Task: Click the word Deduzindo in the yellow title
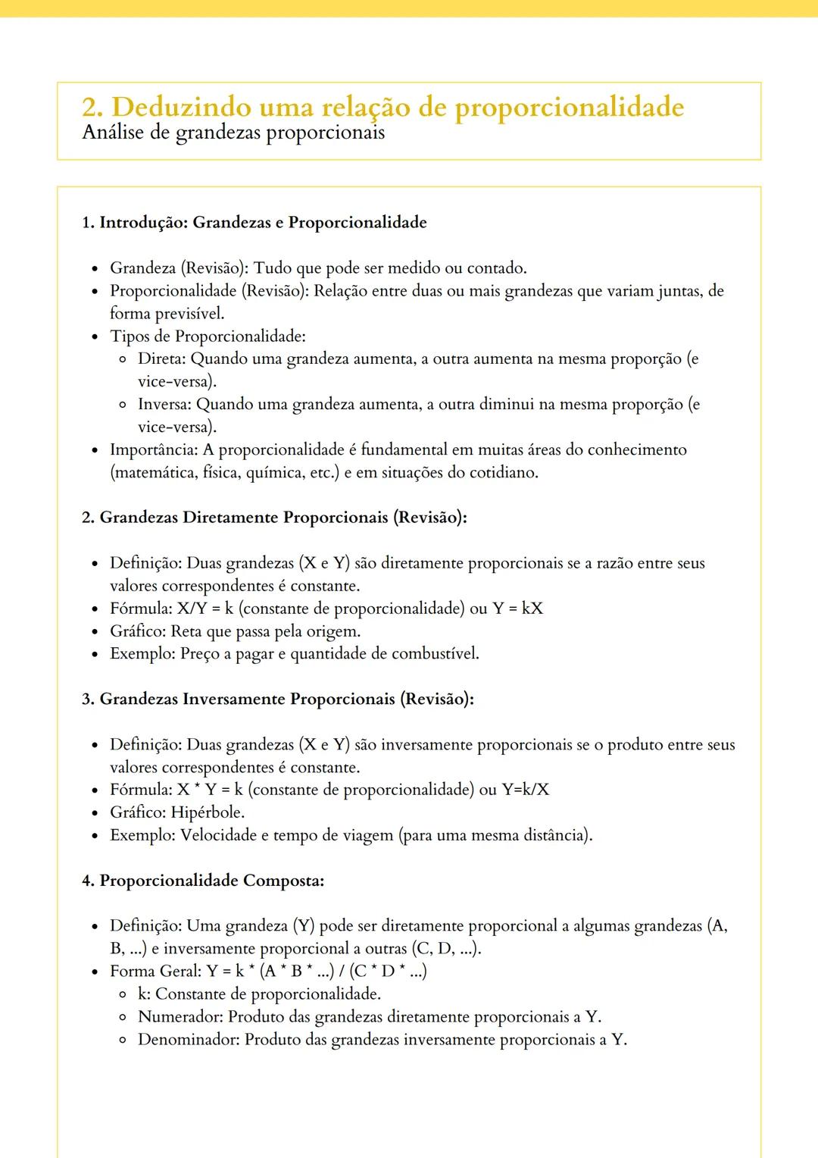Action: coord(181,108)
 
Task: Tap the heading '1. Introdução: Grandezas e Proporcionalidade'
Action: coord(254,223)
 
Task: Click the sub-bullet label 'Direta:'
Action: coord(161,359)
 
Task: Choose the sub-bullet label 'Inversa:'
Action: coord(164,405)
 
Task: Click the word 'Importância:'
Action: coord(154,450)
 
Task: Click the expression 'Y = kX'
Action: coord(517,609)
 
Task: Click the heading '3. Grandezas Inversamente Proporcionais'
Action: coord(278,699)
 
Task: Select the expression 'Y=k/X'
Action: coord(526,790)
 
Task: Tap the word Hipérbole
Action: coord(207,812)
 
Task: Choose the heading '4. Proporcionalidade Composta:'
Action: coord(203,881)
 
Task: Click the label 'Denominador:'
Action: coord(189,1040)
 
